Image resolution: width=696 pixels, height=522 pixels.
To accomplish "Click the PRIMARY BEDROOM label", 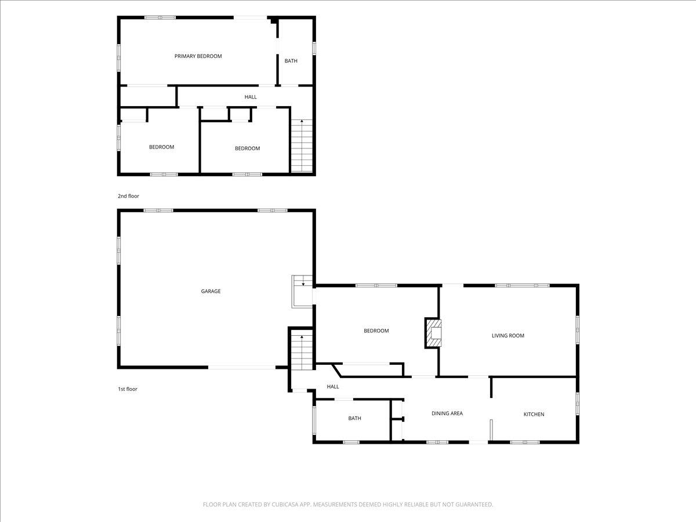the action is point(198,56).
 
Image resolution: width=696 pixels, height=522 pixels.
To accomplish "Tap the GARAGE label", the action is point(211,291).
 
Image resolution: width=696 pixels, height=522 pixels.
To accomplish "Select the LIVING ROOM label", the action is point(507,335).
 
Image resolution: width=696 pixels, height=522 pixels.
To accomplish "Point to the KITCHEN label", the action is point(534,414).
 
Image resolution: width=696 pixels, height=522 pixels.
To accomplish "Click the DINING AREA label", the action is point(447,413).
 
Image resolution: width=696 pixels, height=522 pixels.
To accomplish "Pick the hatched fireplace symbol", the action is point(433,333).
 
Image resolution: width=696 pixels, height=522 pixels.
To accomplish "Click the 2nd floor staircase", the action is point(302,146).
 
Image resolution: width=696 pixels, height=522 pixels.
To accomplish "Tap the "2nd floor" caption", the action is point(128,196).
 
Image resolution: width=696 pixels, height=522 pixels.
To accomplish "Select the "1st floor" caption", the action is point(128,389).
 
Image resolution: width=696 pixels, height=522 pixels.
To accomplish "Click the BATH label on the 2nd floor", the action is point(291,61).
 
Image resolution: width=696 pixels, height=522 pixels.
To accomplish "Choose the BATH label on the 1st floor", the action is point(354,418).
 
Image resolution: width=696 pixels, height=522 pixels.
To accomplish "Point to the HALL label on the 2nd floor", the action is point(251,97).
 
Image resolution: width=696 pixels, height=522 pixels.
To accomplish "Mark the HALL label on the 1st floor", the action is point(332,386).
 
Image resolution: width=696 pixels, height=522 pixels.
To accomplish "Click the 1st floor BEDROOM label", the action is point(376,331).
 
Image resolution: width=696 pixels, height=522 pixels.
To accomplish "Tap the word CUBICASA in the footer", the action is point(285,504).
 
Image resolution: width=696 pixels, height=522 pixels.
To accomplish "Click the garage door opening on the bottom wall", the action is point(242,367).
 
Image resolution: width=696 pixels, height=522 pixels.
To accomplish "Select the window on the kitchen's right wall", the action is point(578,404).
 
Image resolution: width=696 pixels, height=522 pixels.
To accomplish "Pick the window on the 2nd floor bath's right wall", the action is point(314,48).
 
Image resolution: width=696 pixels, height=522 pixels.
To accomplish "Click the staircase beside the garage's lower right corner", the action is point(302,352).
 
